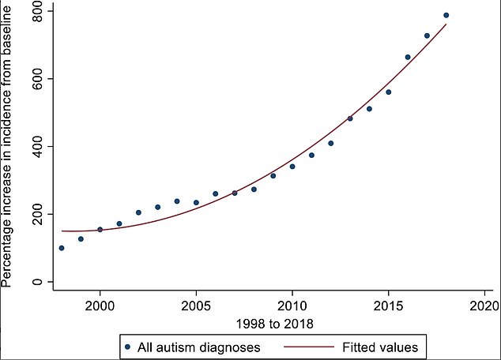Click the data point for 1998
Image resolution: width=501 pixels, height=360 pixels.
(x=62, y=248)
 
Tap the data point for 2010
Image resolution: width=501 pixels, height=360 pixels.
(x=292, y=167)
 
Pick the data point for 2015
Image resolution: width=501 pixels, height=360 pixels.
(x=388, y=92)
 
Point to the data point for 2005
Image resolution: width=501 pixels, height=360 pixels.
(x=196, y=202)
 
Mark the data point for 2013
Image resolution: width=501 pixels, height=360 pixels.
(x=350, y=118)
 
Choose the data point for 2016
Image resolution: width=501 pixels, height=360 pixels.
(x=408, y=57)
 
